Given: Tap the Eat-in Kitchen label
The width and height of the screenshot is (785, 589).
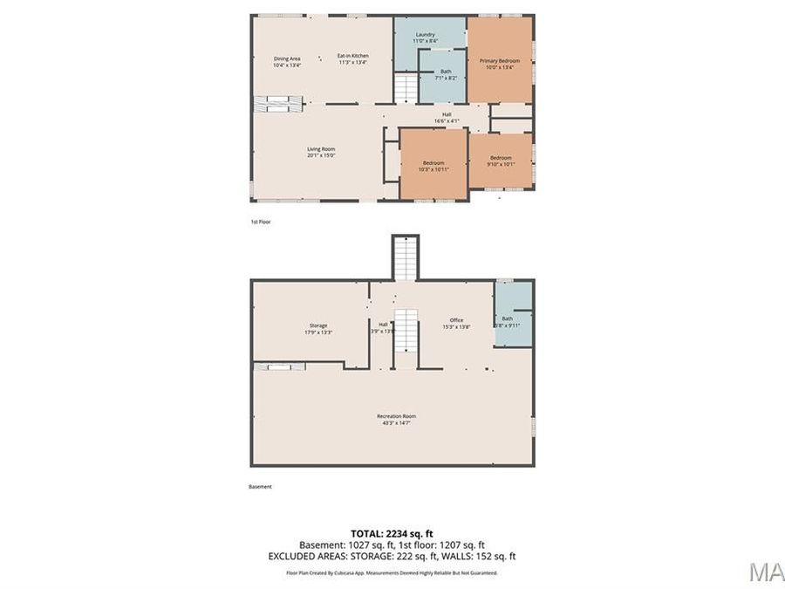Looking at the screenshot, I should [x=352, y=59].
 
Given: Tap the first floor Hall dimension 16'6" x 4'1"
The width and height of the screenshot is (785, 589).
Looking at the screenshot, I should [x=446, y=120].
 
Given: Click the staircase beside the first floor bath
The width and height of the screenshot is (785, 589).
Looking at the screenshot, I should [x=406, y=88].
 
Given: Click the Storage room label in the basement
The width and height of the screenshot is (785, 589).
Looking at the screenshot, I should [x=317, y=328].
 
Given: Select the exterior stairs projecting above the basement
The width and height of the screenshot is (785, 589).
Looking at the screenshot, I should [x=405, y=257].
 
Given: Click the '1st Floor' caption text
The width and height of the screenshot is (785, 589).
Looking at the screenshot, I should [x=261, y=222].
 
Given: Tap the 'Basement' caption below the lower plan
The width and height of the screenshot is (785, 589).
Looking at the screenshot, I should [x=261, y=486].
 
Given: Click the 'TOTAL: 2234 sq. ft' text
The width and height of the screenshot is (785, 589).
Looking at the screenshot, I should [x=392, y=532].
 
